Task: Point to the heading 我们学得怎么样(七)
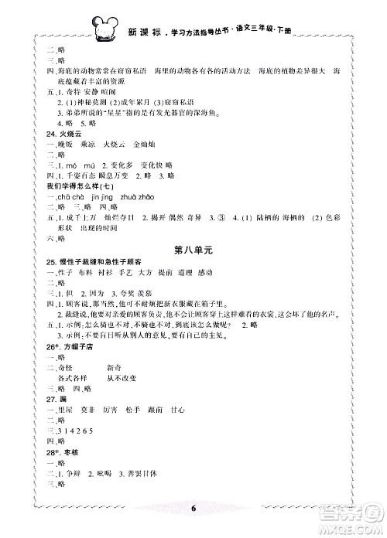61,186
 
